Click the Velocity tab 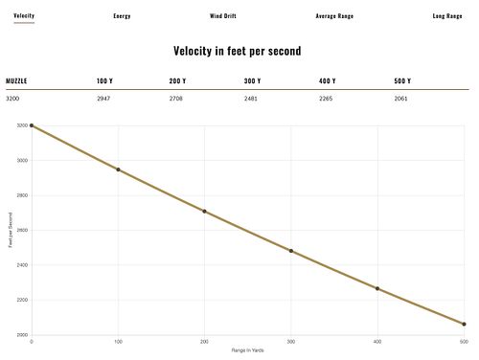(24, 15)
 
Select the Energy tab (122, 16)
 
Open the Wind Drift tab (223, 16)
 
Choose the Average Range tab (334, 16)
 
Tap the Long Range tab (447, 16)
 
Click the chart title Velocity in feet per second (238, 51)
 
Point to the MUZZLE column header (16, 81)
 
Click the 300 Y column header (252, 81)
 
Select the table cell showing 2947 (103, 99)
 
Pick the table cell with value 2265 (326, 99)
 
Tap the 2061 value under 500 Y (400, 99)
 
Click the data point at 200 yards (204, 212)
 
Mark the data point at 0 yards (32, 125)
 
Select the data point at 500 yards (464, 325)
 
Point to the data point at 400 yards (377, 288)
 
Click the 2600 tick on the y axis (22, 230)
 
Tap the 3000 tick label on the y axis (22, 161)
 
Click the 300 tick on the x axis (291, 342)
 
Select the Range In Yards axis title (248, 350)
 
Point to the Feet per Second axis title (11, 230)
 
